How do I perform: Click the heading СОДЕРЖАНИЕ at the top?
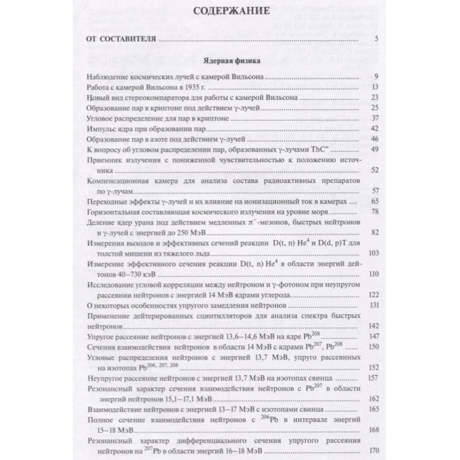click(x=230, y=12)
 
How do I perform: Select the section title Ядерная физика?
click(x=230, y=60)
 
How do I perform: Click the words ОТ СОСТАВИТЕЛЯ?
click(x=120, y=40)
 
